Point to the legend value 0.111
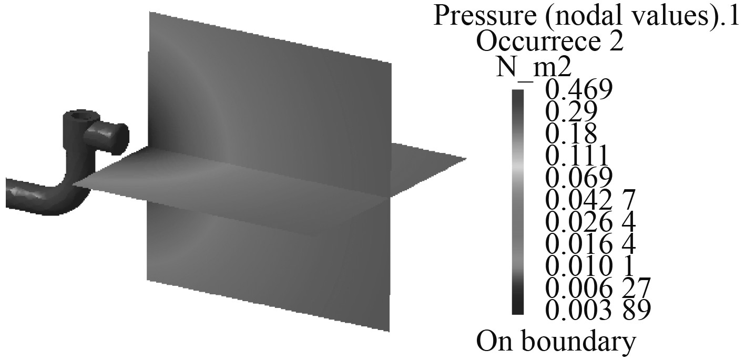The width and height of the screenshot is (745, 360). [577, 156]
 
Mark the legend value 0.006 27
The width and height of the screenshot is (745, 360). [598, 288]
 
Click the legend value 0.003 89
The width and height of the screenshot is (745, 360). [598, 310]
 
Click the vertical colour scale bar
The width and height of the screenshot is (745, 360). [518, 202]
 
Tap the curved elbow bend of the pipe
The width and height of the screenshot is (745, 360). [71, 197]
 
